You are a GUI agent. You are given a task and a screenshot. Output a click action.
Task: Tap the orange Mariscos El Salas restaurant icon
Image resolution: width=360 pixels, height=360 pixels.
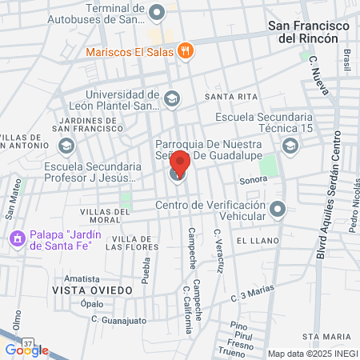[x=186, y=50]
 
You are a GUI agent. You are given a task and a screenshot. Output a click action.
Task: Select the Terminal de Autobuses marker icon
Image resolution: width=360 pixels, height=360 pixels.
[x=157, y=11]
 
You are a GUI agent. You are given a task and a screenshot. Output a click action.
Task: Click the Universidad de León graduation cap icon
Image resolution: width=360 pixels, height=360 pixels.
[x=172, y=99]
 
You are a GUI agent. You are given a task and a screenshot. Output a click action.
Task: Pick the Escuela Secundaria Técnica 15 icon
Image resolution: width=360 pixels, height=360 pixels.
[x=289, y=145]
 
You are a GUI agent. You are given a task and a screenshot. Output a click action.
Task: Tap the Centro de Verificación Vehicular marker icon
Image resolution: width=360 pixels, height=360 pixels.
[x=278, y=210]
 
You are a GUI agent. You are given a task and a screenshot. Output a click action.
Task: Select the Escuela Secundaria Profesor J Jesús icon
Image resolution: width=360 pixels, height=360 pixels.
[x=66, y=146]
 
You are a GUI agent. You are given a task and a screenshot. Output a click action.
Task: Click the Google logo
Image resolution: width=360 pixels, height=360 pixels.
[x=26, y=350]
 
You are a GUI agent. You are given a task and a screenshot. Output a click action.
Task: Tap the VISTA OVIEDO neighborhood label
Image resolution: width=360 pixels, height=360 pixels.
[x=89, y=289]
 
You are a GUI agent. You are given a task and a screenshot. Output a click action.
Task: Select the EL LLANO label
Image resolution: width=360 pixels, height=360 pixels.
[x=257, y=241]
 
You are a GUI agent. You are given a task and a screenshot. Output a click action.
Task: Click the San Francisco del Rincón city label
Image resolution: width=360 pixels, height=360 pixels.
[x=310, y=32]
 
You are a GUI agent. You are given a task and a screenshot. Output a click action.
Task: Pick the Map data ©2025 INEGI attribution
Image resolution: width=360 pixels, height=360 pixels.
[x=311, y=353]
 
